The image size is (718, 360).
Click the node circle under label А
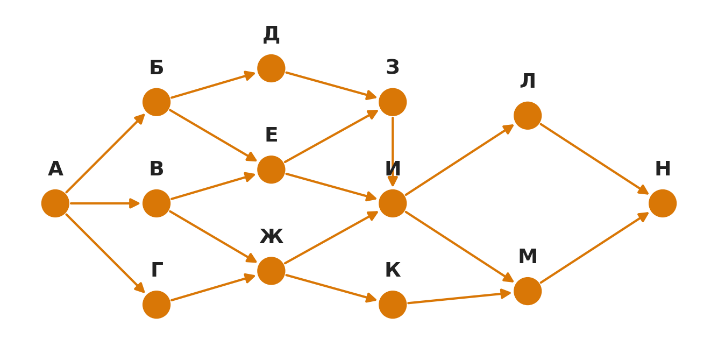click(55, 203)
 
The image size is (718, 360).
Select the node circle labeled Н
click(663, 203)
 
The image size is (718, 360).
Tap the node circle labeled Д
click(271, 68)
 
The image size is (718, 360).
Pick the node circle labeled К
click(393, 305)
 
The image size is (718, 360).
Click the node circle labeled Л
click(528, 115)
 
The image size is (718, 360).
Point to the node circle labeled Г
click(157, 305)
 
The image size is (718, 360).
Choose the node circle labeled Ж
click(271, 271)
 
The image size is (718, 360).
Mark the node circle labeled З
click(393, 102)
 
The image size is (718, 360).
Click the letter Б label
click(157, 68)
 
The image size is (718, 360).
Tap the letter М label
click(528, 257)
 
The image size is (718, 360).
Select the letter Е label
click(271, 135)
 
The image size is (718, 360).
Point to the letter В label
click(157, 169)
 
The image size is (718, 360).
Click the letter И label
click(393, 169)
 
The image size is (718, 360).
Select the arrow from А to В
click(105, 203)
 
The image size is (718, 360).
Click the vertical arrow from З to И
click(393, 152)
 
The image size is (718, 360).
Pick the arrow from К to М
click(459, 298)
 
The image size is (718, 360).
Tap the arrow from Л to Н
click(595, 159)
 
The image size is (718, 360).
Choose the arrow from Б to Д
click(213, 85)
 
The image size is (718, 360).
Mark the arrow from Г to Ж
click(213, 287)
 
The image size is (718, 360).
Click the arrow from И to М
click(460, 247)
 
